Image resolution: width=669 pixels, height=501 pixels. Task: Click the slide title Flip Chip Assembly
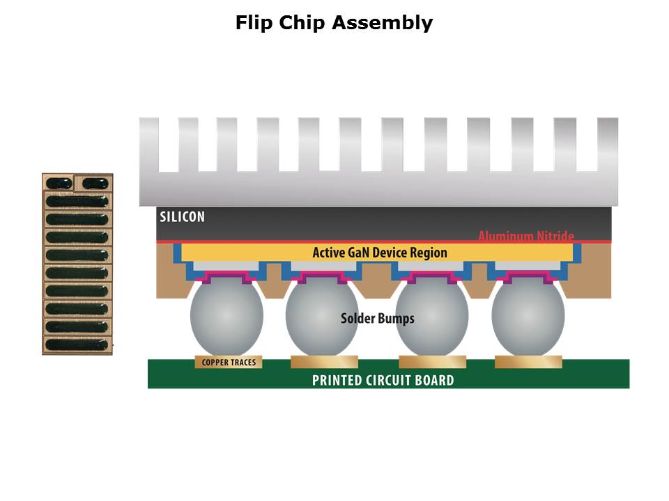click(334, 23)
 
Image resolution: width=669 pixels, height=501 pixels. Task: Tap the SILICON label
click(183, 216)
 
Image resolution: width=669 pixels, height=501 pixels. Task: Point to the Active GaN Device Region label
click(380, 252)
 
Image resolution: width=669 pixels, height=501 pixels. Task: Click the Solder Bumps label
click(377, 319)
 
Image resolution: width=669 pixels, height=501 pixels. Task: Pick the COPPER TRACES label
click(229, 363)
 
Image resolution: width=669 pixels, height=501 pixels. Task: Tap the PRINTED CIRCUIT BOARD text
click(383, 380)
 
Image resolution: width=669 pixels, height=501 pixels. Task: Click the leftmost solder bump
click(226, 317)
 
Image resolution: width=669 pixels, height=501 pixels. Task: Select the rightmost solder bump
click(528, 317)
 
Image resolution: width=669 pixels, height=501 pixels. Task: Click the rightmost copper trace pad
click(528, 362)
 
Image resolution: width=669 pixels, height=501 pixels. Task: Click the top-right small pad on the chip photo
click(94, 184)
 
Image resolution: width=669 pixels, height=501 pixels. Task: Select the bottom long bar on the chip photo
click(77, 344)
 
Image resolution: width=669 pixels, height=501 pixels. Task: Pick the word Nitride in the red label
click(555, 237)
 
